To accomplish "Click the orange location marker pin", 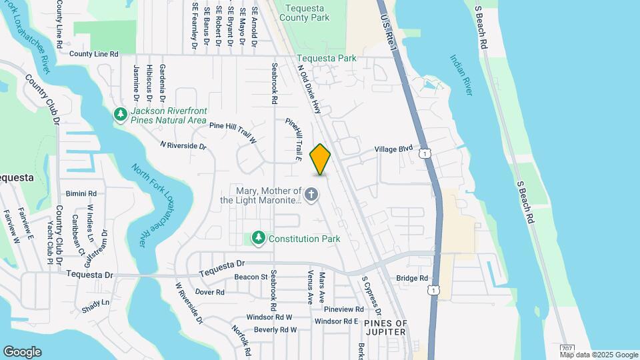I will [320, 159].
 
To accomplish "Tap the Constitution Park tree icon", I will [258, 238].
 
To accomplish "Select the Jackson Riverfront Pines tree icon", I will [121, 115].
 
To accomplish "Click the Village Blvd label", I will [393, 149].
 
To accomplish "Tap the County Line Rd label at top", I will [93, 54].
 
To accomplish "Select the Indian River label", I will [461, 75].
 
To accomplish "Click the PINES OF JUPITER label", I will [385, 327].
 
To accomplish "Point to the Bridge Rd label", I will [412, 278].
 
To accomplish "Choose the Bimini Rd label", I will [81, 194].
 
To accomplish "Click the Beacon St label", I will [251, 277].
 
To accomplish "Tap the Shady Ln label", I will [96, 302].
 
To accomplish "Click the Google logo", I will [22, 351].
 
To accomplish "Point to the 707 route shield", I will [567, 348].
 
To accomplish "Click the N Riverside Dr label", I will [183, 145].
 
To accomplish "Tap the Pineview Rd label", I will [343, 309].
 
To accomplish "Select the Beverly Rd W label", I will [275, 329].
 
